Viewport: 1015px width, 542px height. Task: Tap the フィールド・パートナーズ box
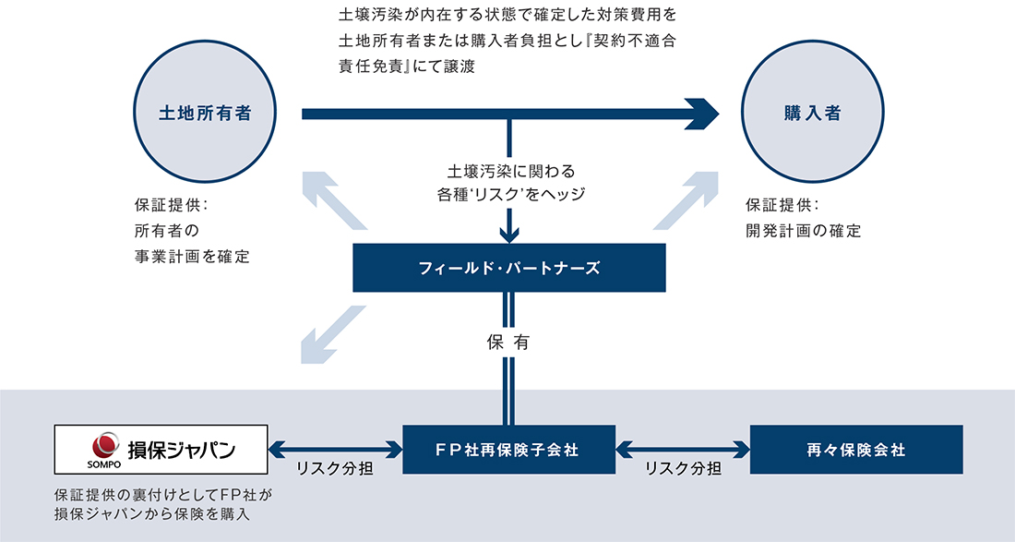pos(508,268)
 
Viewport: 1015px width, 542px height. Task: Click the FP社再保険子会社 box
pos(508,450)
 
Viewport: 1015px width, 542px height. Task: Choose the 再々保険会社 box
pos(855,450)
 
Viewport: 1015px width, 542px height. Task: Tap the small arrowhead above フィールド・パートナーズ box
pos(508,235)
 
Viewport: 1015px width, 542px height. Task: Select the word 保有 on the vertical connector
pos(508,342)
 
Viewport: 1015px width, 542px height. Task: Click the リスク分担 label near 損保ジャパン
pos(335,469)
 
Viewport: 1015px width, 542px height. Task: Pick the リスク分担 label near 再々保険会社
pos(683,469)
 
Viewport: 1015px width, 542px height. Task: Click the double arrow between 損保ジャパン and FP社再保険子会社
pos(335,450)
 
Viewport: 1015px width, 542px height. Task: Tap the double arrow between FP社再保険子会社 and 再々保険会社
pos(683,450)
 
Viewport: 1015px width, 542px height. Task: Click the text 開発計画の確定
pos(803,231)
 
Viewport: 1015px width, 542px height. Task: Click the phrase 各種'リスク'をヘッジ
pos(510,195)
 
